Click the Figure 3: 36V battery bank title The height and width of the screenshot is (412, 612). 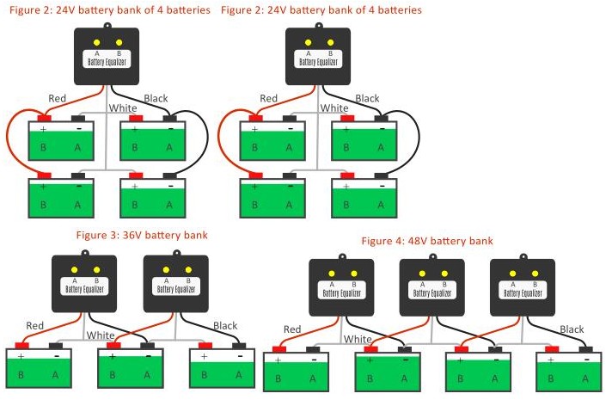(142, 235)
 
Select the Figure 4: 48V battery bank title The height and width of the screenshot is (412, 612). (426, 241)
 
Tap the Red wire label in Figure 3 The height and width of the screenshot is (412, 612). (35, 326)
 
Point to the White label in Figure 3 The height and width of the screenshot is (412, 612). (101, 335)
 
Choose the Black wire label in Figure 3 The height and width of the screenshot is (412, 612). (225, 326)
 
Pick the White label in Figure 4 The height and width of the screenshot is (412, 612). (358, 340)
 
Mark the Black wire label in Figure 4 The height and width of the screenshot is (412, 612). (572, 329)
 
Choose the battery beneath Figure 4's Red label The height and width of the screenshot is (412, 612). (296, 371)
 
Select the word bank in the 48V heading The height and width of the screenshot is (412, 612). (479, 241)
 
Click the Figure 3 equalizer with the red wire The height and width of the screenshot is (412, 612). (84, 284)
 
